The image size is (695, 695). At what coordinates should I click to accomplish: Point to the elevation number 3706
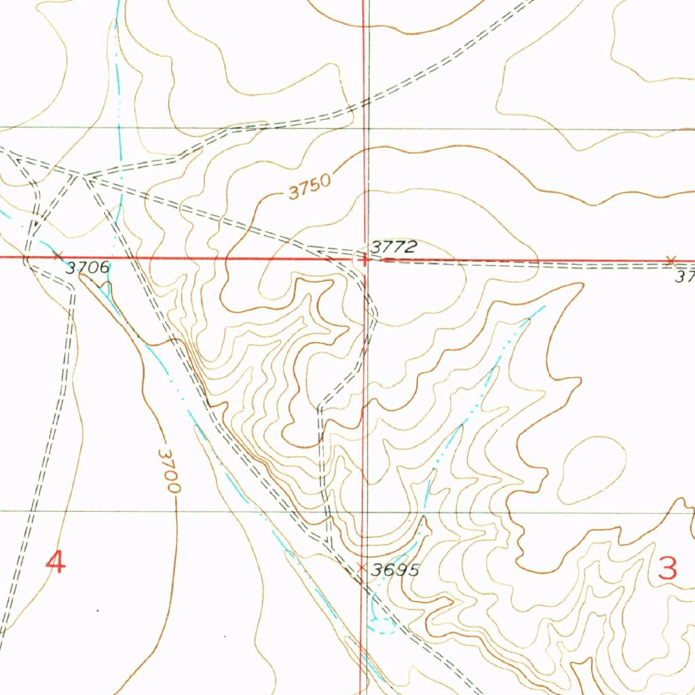click(88, 268)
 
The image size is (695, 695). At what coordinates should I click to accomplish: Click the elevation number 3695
click(395, 570)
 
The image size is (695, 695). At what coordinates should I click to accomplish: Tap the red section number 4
click(56, 562)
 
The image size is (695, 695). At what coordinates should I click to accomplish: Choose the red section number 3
click(669, 568)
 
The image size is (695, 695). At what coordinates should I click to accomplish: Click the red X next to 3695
click(361, 565)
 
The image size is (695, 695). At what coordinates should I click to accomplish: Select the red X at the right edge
click(671, 260)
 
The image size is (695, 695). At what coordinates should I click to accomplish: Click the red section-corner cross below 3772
click(364, 259)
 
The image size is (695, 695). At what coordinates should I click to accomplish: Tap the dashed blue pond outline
click(381, 625)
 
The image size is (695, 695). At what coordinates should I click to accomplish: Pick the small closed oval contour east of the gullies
click(591, 470)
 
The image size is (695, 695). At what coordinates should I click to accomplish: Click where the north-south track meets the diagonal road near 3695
click(328, 543)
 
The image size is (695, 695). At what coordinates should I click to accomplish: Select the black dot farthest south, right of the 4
click(226, 637)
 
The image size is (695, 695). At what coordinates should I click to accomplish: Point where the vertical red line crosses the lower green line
click(363, 511)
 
